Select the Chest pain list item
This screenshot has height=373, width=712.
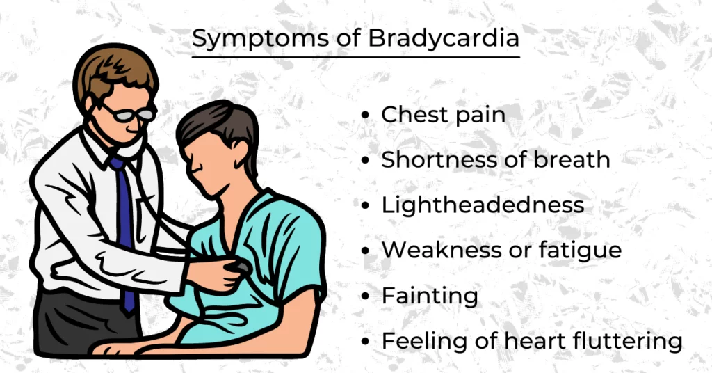pos(443,115)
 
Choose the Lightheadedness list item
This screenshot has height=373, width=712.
pos(483,205)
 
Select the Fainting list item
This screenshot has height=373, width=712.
pos(430,296)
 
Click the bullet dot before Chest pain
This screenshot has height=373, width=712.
pos(366,116)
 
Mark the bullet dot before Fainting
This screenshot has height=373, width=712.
pos(366,297)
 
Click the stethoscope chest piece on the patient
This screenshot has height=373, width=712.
pos(240,267)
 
